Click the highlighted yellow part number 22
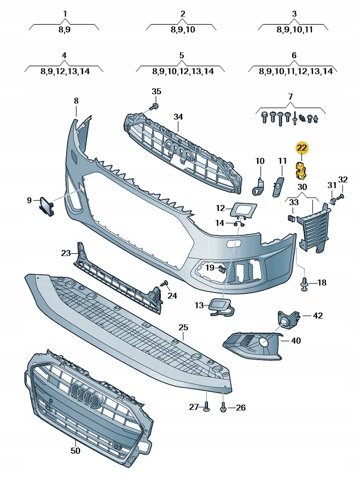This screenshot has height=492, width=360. [x=302, y=148]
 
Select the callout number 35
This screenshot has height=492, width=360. [x=156, y=91]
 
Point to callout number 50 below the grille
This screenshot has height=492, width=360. [x=76, y=450]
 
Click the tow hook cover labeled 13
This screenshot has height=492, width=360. [x=221, y=308]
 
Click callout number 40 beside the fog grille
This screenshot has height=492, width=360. [x=295, y=340]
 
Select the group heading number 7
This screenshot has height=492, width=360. [x=291, y=97]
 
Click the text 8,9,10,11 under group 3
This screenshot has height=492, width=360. [x=294, y=30]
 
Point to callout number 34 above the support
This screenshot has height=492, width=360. [x=178, y=117]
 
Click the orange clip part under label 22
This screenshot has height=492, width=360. [x=301, y=170]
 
